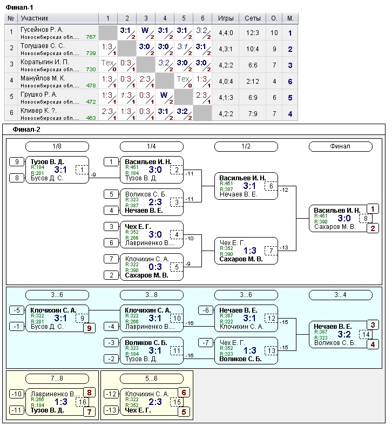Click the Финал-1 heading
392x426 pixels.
pos(19,6)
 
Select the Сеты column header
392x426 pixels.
pos(252,18)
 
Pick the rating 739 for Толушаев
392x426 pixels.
pos(91,53)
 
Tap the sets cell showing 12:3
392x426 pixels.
pos(252,33)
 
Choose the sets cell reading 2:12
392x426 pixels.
pos(252,82)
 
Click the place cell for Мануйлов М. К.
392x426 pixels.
pos(290,82)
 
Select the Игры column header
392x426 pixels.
pos(226,18)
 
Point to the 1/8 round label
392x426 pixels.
pos(57,146)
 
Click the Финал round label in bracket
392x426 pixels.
pos(340,146)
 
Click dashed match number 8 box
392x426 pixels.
pos(366,219)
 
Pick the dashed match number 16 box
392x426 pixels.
pos(83,402)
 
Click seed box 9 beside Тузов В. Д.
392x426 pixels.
pos(17,161)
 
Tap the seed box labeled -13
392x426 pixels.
pos(111,410)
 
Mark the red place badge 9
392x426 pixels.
pos(89,328)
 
